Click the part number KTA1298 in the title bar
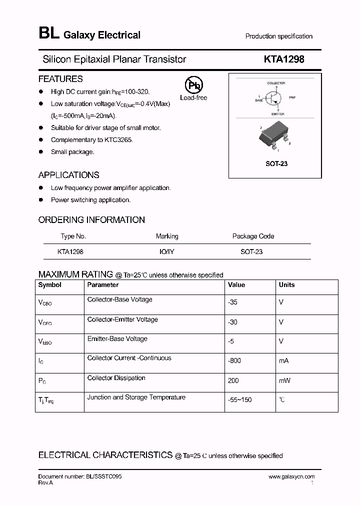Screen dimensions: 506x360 283,59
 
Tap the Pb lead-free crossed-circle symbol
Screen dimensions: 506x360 194,85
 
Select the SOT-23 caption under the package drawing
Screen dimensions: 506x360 276,163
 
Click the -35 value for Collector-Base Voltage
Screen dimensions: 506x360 232,302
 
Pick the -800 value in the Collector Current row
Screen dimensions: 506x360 234,361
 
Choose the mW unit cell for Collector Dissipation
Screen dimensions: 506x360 284,380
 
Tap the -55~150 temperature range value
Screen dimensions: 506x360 240,400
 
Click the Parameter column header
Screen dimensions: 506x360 103,285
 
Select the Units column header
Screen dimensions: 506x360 286,285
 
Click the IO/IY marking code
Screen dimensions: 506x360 166,252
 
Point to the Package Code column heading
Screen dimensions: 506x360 253,236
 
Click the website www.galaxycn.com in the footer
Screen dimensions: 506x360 291,477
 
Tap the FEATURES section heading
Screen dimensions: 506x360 60,79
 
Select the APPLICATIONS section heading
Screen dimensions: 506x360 68,175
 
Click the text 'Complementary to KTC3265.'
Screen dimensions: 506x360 91,140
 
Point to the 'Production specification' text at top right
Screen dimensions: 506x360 278,36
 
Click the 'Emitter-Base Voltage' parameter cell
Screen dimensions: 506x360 117,339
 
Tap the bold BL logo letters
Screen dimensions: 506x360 49,34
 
